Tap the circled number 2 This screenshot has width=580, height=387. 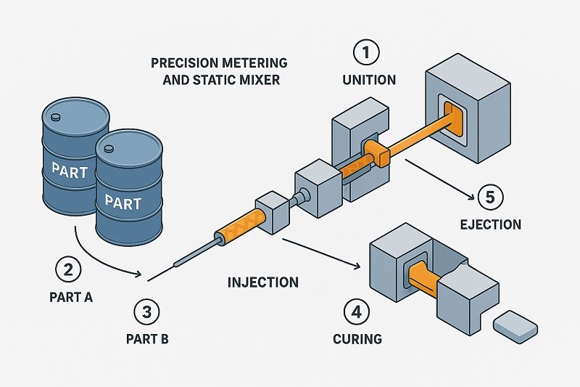(68, 270)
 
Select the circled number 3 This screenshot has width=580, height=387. (147, 312)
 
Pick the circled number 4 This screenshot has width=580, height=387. (355, 312)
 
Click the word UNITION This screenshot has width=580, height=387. (370, 80)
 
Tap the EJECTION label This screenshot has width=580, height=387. (491, 224)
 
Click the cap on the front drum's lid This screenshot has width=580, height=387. (109, 150)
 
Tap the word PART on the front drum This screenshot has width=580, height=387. (122, 202)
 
